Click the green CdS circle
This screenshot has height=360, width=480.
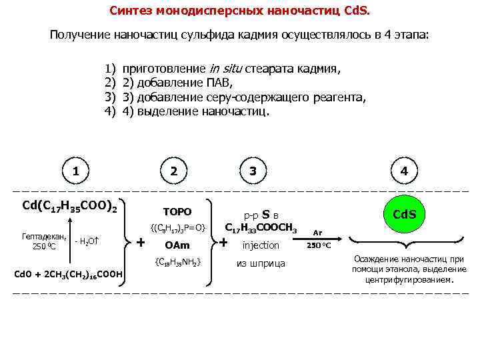[404, 215]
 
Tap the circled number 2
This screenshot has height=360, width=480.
[174, 171]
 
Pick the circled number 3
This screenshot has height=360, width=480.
[253, 171]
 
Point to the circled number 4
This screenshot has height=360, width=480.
[404, 171]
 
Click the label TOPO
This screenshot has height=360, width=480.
[177, 212]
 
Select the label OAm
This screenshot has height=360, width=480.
[177, 246]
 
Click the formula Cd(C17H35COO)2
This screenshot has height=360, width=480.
[70, 206]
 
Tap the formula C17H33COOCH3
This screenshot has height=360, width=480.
[261, 227]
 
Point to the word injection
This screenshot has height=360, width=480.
[261, 246]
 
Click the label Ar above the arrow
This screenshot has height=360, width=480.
[318, 231]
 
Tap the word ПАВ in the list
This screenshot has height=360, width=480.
[219, 83]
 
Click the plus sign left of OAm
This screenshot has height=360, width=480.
[141, 241]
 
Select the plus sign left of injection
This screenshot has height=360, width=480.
[224, 243]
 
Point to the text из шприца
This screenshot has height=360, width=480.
[261, 263]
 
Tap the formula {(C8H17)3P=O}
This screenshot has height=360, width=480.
[177, 229]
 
